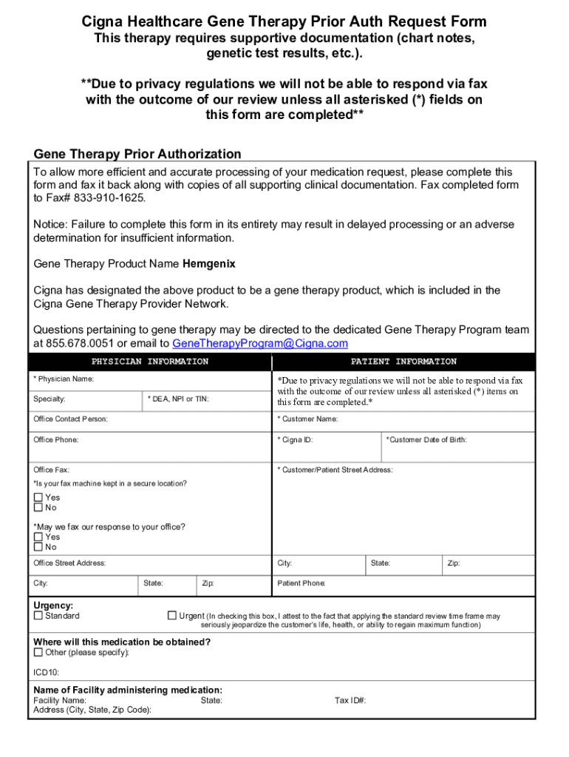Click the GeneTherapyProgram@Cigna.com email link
coord(259,344)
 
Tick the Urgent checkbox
coord(172,615)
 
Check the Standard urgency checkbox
coord(38,615)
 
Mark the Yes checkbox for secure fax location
coord(38,498)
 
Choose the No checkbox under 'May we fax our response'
coord(38,547)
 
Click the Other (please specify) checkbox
coord(38,653)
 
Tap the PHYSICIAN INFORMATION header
coord(149,361)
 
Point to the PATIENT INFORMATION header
coord(403,361)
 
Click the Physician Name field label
coord(64,379)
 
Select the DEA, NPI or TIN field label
coord(178,399)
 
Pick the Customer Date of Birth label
coord(426,440)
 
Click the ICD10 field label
coord(47,673)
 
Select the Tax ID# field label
coord(350,700)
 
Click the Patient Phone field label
coord(301,583)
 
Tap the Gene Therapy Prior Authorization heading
coord(137,154)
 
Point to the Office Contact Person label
coord(70,419)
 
